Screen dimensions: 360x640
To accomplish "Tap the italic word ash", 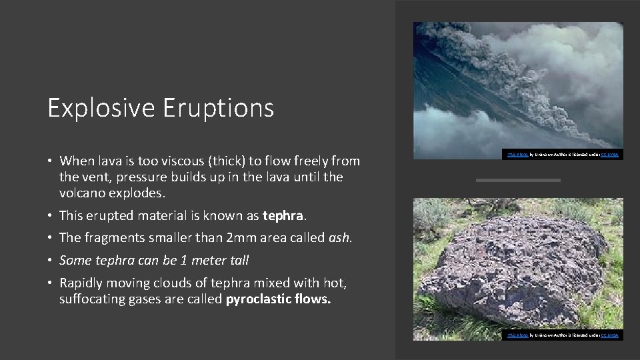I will (x=339, y=237).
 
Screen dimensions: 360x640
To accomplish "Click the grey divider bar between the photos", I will (x=519, y=180).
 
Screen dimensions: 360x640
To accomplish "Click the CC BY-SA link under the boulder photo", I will (x=609, y=335).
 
